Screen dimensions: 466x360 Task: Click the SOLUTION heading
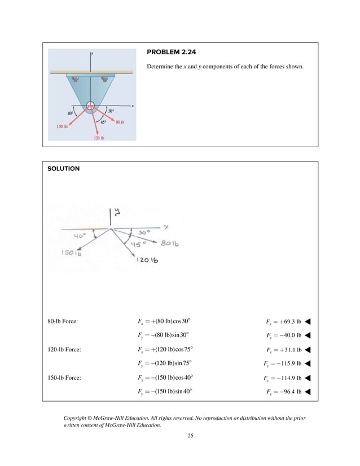click(63, 169)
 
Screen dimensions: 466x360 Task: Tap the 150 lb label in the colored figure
click(62, 127)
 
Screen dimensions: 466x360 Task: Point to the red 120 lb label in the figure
click(99, 138)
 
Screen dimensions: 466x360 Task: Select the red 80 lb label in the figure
click(120, 122)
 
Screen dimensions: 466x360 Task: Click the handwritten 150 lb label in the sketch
click(72, 253)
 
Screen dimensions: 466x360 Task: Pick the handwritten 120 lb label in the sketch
click(147, 260)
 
